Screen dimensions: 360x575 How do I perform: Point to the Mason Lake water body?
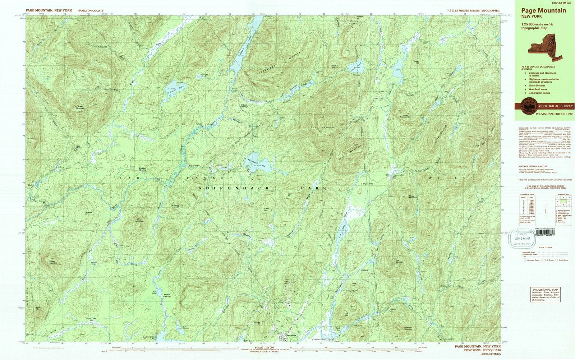pos(171,86)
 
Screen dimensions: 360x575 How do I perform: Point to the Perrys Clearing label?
pos(167,295)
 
